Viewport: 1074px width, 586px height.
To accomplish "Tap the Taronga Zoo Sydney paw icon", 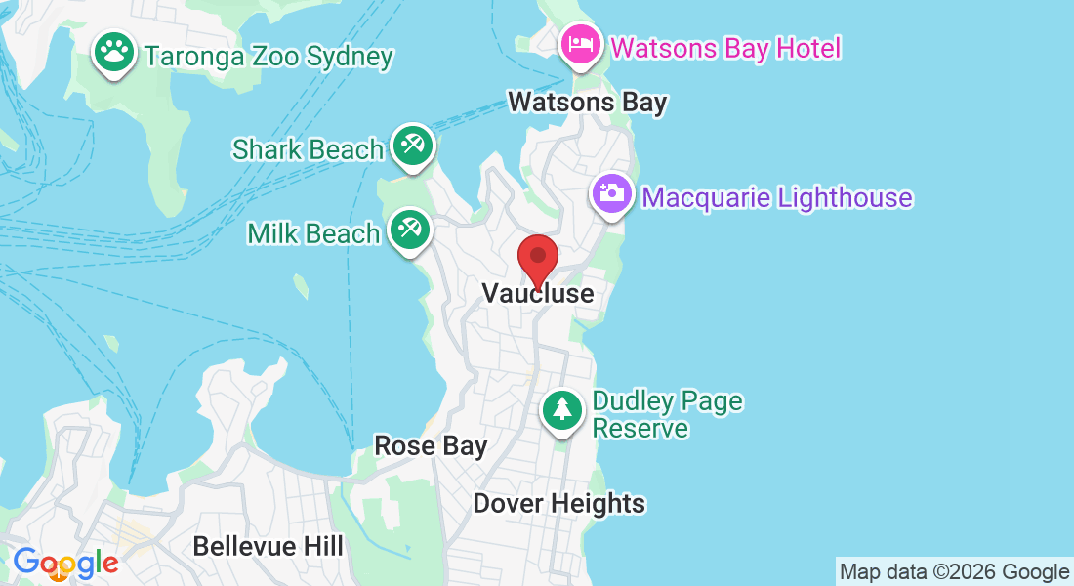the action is point(115,53).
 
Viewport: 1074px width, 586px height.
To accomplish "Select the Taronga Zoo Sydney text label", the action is point(268,56).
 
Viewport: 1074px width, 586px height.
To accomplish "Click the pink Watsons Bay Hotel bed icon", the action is point(581,44).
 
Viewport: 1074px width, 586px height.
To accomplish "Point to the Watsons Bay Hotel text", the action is point(725,47).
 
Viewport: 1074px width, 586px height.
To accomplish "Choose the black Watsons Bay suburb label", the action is point(588,102).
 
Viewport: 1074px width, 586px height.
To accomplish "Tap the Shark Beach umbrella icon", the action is point(412,146).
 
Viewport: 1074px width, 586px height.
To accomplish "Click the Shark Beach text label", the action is point(308,149).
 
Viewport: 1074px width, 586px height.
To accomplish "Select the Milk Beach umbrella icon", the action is point(408,230).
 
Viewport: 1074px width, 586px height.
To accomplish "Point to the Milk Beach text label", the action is point(313,233).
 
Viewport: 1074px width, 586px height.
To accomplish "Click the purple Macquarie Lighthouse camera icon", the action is point(613,193).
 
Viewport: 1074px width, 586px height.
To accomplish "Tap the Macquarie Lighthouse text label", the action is point(777,197).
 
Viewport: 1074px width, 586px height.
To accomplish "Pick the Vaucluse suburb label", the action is point(538,293).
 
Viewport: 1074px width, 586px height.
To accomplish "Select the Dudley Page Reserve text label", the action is point(668,414).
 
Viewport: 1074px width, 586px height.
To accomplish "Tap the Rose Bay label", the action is point(431,446).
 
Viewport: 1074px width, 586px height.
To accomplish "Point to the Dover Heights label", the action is point(559,503).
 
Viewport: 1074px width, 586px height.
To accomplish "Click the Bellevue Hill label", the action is point(268,545).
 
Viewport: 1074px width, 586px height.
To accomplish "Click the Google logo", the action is point(65,563).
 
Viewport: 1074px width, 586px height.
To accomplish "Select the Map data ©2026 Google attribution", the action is point(955,571).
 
